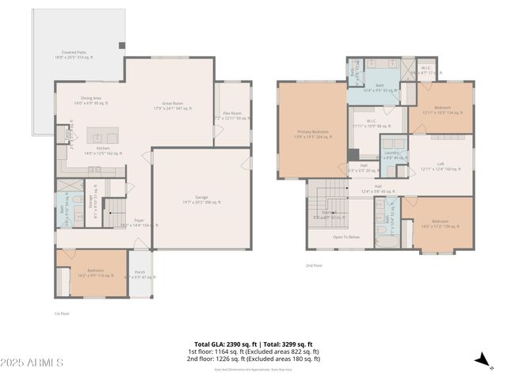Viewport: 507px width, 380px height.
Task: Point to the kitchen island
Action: (x=102, y=132)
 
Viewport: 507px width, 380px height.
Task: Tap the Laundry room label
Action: (x=391, y=154)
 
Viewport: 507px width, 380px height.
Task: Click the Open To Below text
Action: (x=346, y=236)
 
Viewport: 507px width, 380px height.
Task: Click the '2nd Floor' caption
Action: (x=314, y=265)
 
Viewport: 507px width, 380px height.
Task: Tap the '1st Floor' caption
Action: (x=63, y=313)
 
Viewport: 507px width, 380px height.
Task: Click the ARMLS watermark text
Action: (x=33, y=362)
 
